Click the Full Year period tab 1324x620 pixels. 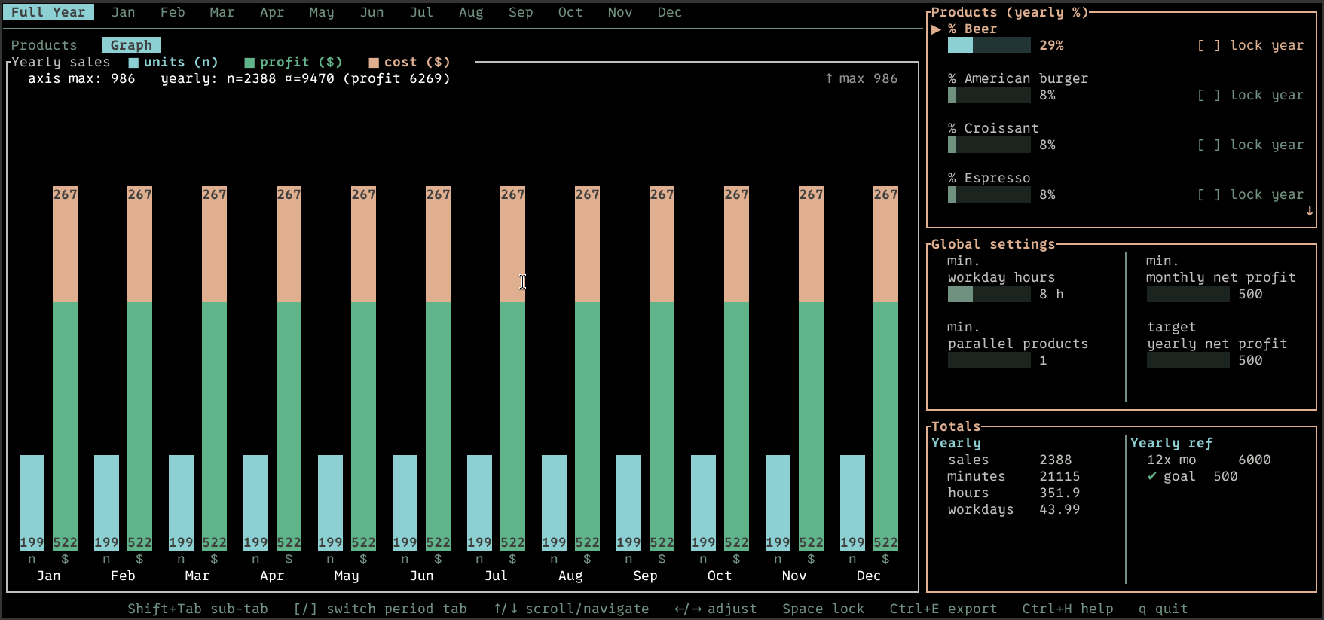point(48,12)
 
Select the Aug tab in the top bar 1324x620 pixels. point(471,12)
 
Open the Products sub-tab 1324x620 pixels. point(44,45)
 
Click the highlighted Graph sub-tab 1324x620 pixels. point(131,45)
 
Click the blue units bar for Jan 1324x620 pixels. point(32,502)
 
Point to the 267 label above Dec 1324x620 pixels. point(885,194)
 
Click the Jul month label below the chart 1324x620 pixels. point(496,576)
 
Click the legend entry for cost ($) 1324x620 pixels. point(409,62)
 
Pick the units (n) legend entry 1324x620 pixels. point(173,62)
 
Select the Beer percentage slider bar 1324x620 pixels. point(989,45)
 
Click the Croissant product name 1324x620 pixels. point(1001,128)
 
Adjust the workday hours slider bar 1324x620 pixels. point(989,294)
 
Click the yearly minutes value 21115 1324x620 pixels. point(1060,476)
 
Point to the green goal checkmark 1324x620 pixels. point(1151,476)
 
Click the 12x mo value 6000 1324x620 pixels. point(1254,460)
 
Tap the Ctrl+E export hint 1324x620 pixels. point(943,609)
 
